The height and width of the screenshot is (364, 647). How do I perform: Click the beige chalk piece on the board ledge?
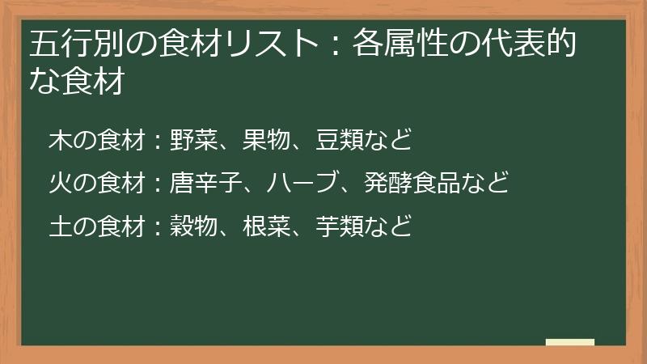point(570,342)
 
